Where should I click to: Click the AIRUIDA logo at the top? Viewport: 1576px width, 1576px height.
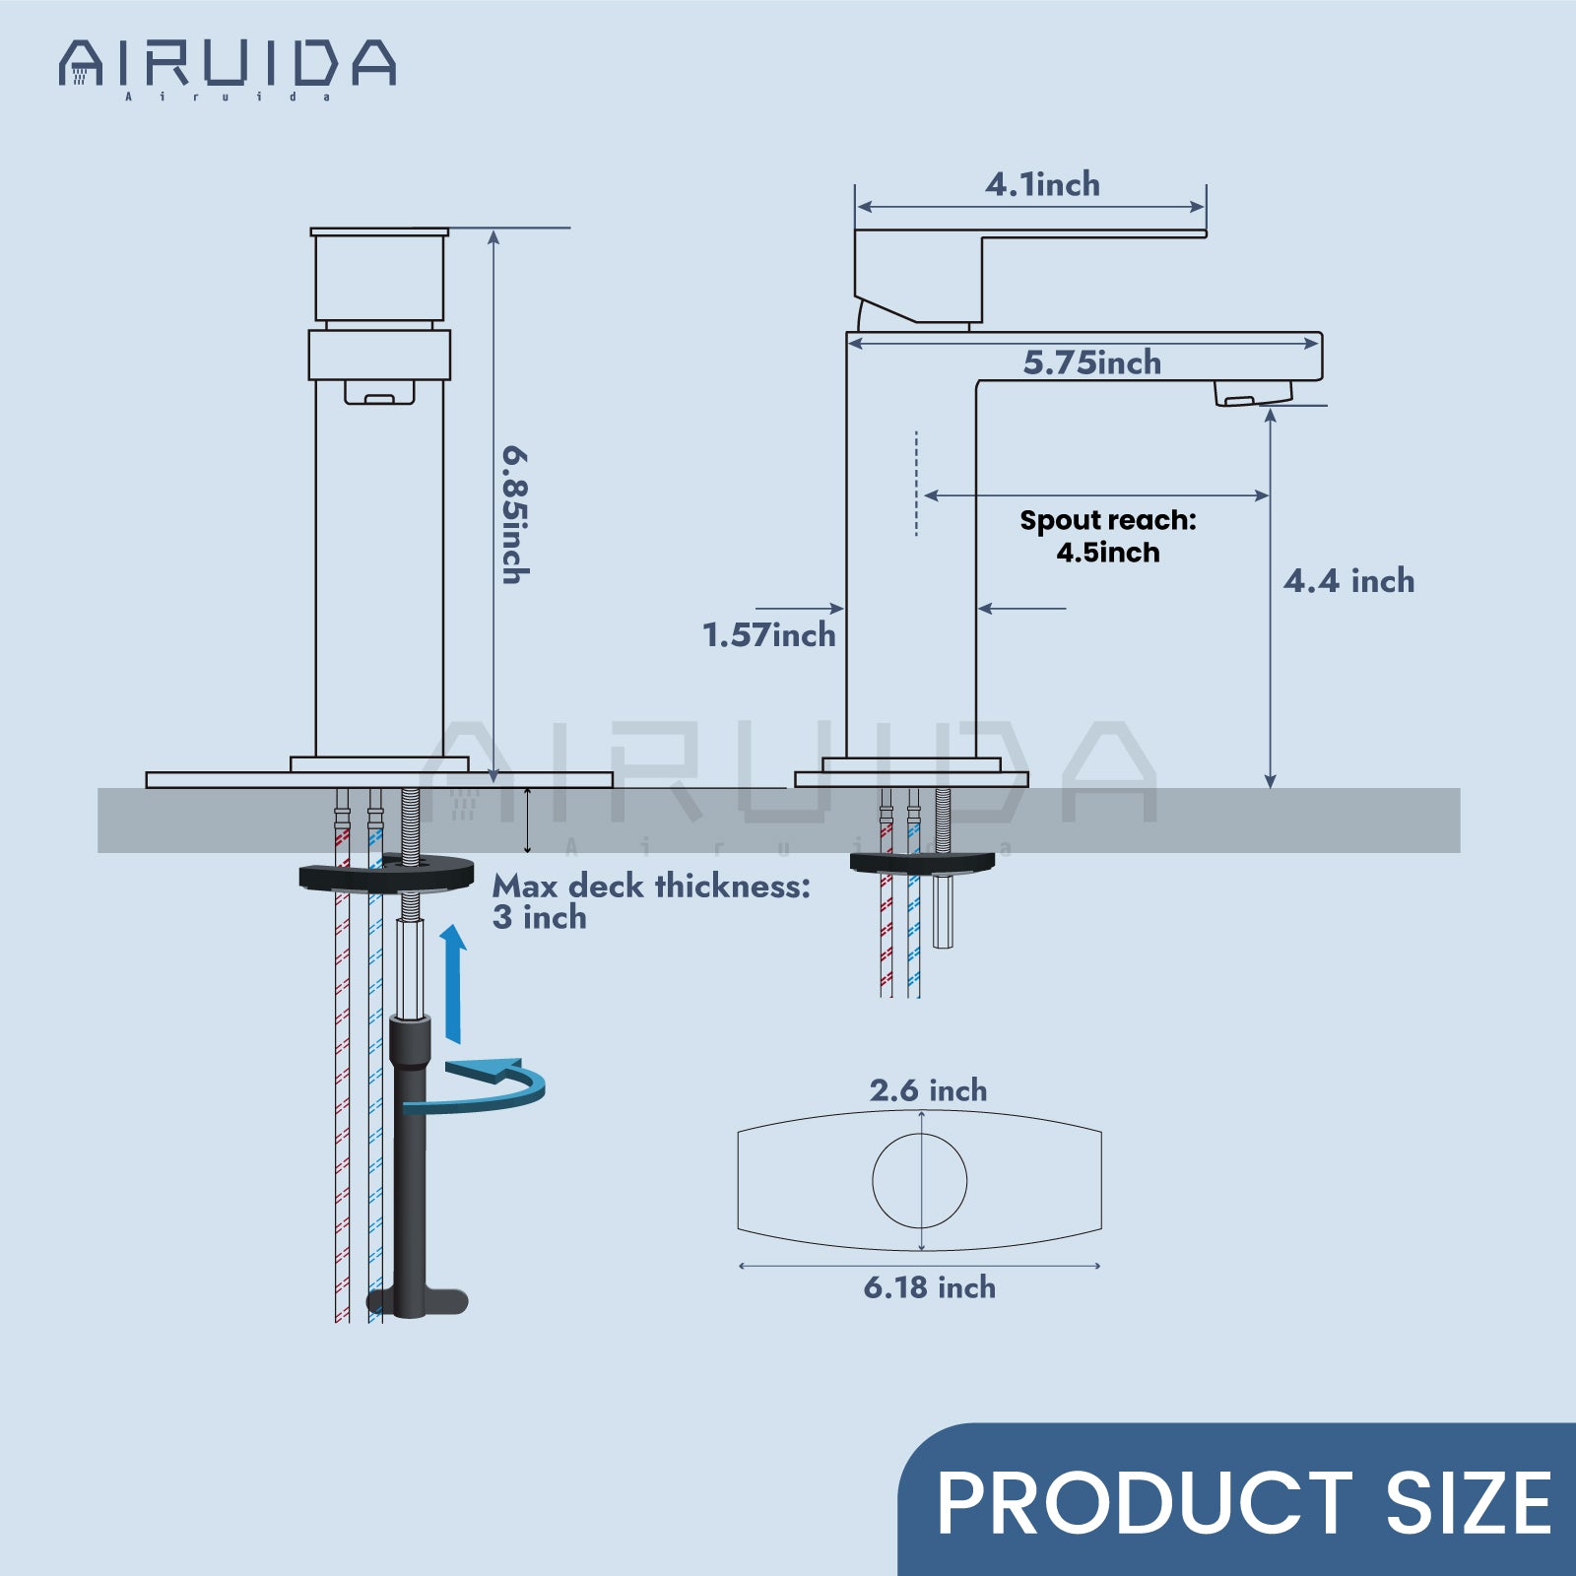coord(228,67)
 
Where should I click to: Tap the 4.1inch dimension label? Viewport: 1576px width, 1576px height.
coord(1042,184)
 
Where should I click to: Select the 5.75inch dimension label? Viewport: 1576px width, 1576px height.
coord(1091,362)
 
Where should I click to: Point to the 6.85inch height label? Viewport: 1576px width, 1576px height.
coord(515,514)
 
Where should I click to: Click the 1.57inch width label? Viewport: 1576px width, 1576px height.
coord(768,635)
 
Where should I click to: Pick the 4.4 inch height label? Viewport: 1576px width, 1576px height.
coord(1348,581)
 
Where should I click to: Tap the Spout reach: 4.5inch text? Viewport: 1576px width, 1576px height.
coord(1108,536)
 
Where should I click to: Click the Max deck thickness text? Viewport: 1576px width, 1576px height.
coord(651,900)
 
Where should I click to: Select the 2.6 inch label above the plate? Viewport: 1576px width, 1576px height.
coord(928,1090)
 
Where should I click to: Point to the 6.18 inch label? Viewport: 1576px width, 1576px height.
coord(929,1287)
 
